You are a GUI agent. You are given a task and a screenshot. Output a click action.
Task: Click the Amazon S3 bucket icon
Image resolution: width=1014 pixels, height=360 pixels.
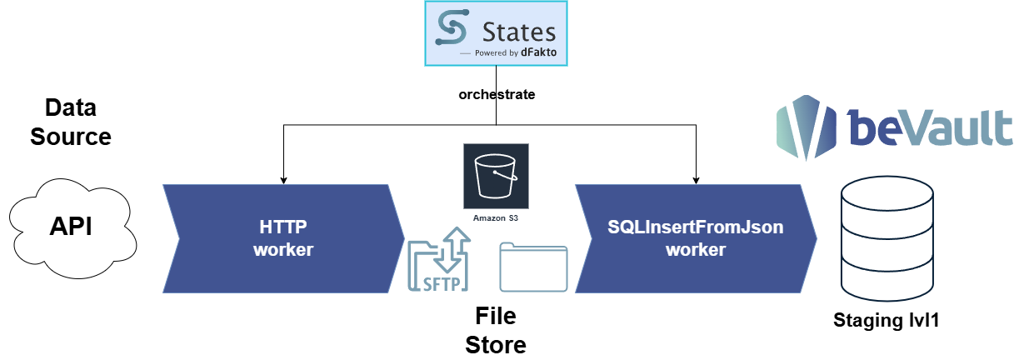(496, 177)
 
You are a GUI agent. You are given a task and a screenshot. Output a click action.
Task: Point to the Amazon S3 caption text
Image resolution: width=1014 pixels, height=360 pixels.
(496, 218)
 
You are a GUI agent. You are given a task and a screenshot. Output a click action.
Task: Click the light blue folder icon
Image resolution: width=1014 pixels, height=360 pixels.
(533, 267)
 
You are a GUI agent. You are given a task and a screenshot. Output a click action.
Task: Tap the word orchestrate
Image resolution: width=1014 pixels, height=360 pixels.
(497, 95)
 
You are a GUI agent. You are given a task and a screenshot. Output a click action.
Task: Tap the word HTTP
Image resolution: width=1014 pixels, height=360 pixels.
(283, 227)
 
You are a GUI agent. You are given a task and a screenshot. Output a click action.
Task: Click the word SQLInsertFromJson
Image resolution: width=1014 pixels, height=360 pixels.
(696, 227)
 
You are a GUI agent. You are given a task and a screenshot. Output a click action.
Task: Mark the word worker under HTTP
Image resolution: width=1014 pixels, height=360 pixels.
(283, 249)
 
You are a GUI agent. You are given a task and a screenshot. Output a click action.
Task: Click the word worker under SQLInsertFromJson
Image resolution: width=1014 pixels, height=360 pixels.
(696, 249)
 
